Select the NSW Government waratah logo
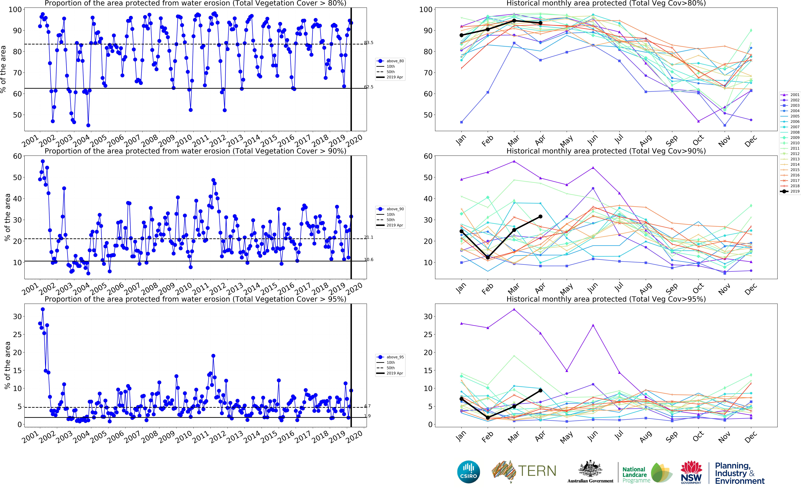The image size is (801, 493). [x=691, y=472]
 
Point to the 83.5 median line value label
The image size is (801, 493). [x=368, y=43]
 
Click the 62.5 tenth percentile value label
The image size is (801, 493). [x=368, y=87]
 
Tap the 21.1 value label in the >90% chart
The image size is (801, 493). [x=368, y=237]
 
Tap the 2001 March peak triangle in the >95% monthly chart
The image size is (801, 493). [x=514, y=309]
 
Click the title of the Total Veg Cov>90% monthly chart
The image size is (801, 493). [x=606, y=151]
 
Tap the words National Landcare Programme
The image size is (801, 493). [x=636, y=475]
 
